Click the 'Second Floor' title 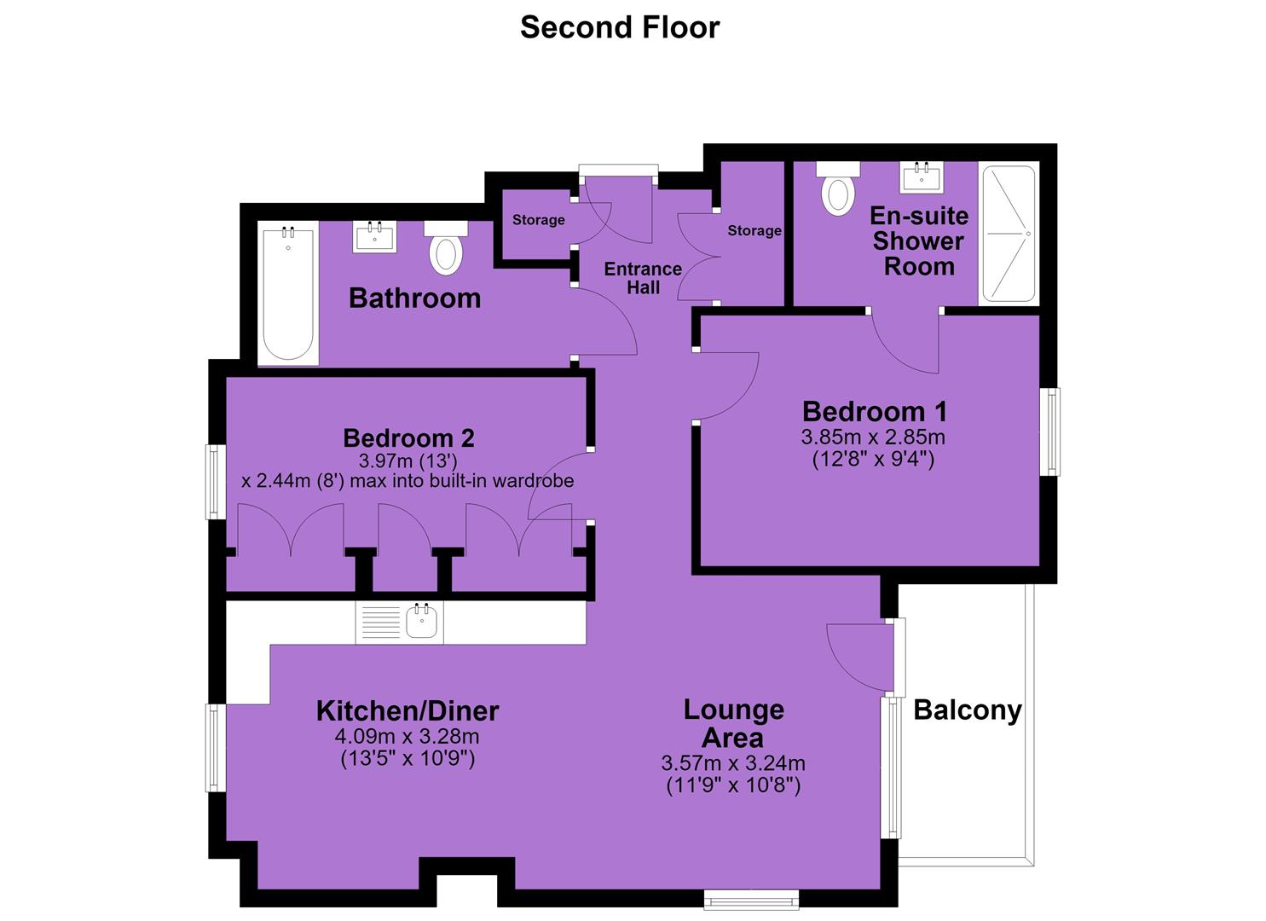coord(620,27)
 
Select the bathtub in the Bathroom coord(288,293)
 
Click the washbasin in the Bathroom coord(375,236)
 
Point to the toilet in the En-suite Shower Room coord(838,188)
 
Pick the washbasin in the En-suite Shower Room coord(922,177)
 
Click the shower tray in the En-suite coord(1009,234)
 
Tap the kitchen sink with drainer coord(400,622)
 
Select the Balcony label coord(968,710)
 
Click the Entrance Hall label coord(643,278)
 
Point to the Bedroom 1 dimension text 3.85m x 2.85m coord(873,437)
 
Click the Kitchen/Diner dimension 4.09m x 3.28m coord(408,737)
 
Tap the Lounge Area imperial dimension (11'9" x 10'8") coord(734,786)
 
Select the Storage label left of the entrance coord(539,220)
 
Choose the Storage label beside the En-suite coord(754,230)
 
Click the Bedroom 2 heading coord(408,438)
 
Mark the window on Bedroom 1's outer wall coord(1050,432)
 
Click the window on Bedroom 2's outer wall coord(215,482)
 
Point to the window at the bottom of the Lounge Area coord(751,900)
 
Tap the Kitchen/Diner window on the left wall coord(215,747)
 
